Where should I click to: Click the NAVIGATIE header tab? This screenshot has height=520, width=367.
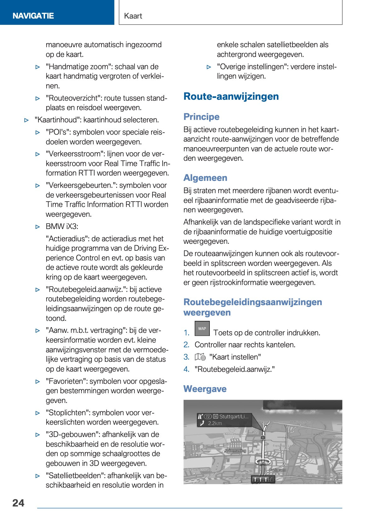33,16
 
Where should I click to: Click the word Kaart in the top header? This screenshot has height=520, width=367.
133,16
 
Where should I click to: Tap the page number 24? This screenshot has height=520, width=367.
18,503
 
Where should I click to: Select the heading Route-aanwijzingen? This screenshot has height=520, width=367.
231,96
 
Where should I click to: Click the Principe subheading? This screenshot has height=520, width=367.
201,117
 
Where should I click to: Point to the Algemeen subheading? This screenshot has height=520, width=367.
205,178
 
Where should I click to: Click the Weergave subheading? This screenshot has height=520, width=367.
205,389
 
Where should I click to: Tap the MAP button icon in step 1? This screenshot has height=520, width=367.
202,328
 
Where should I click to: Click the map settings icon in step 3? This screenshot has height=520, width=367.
200,357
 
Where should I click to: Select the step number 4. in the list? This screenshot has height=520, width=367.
186,369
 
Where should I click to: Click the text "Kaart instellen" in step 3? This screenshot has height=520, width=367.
235,357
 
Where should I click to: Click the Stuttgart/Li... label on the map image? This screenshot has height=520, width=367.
234,417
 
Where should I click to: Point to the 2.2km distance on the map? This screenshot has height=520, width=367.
215,423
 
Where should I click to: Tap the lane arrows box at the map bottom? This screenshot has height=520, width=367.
263,479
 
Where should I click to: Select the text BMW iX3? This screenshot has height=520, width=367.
62,226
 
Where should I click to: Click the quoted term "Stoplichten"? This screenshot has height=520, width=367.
66,413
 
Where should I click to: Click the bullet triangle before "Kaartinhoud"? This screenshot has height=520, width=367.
27,120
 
